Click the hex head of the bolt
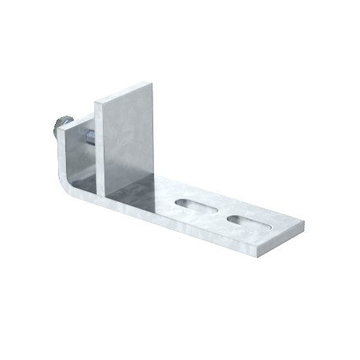(x=57, y=127)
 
